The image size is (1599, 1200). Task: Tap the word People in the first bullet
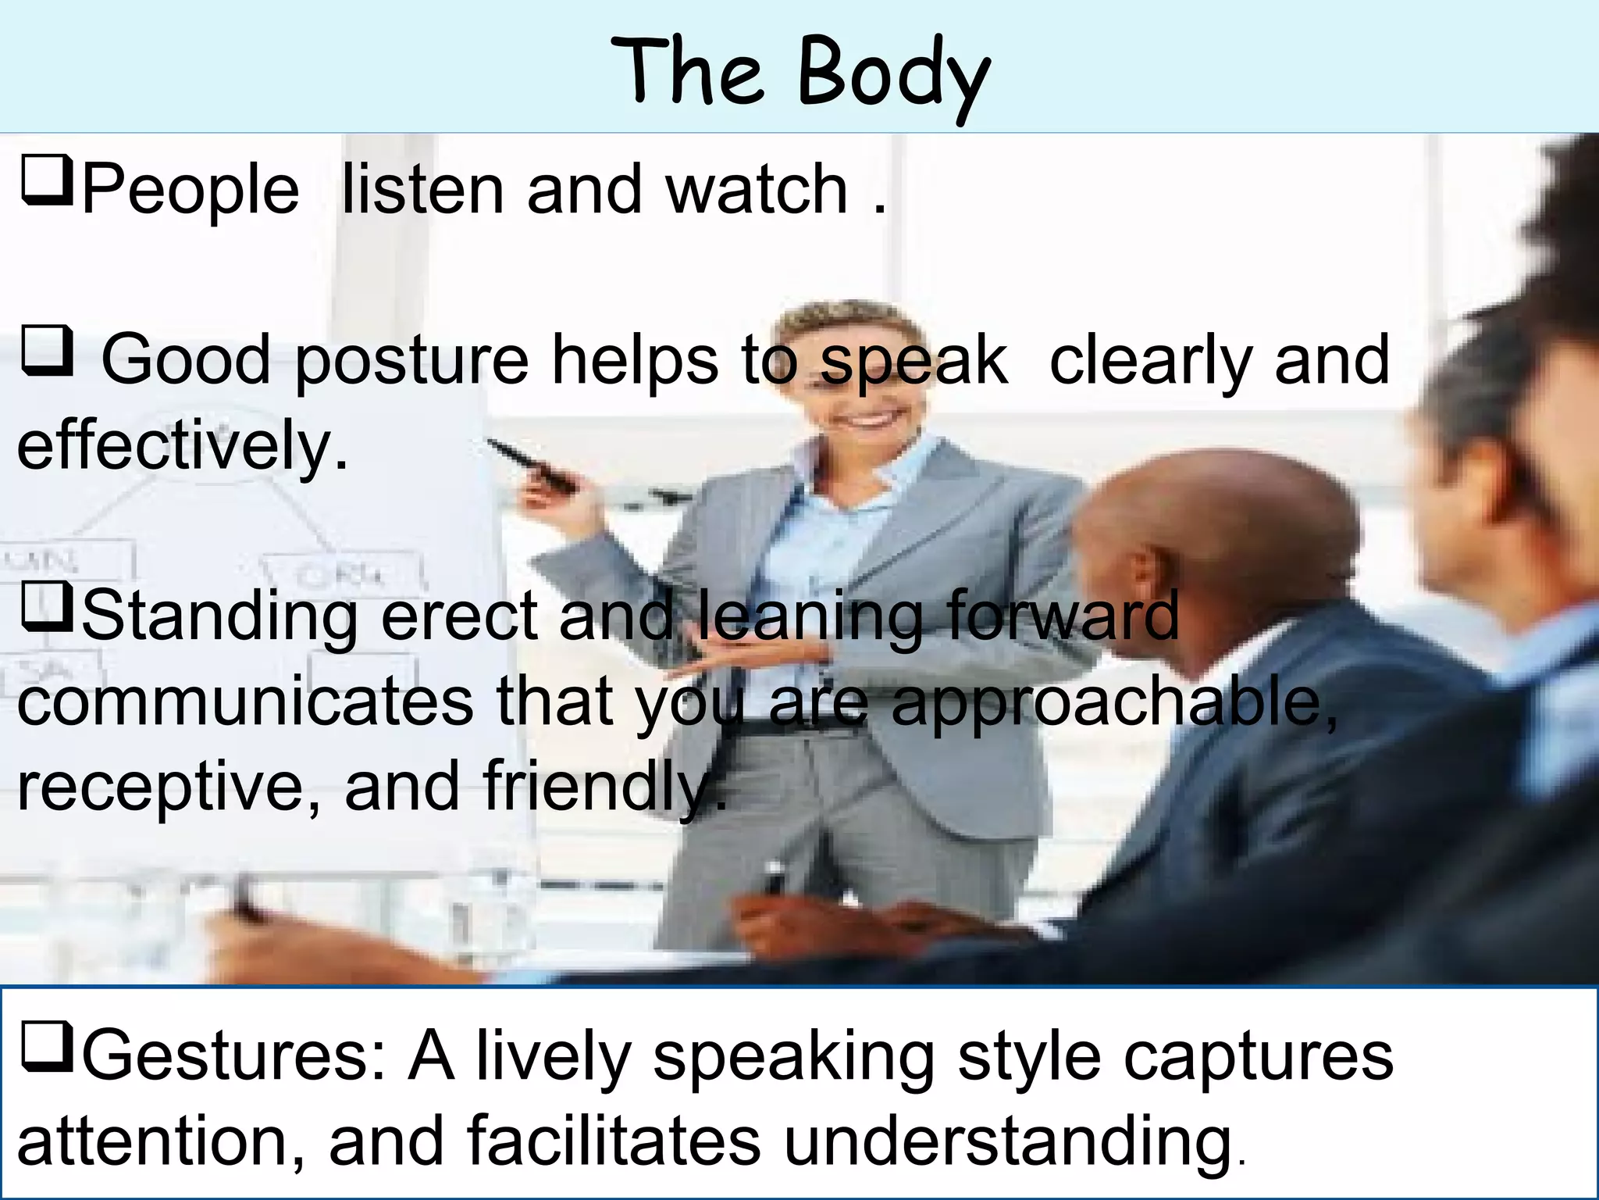pyautogui.click(x=190, y=190)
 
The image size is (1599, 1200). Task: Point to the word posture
pyautogui.click(x=412, y=361)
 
